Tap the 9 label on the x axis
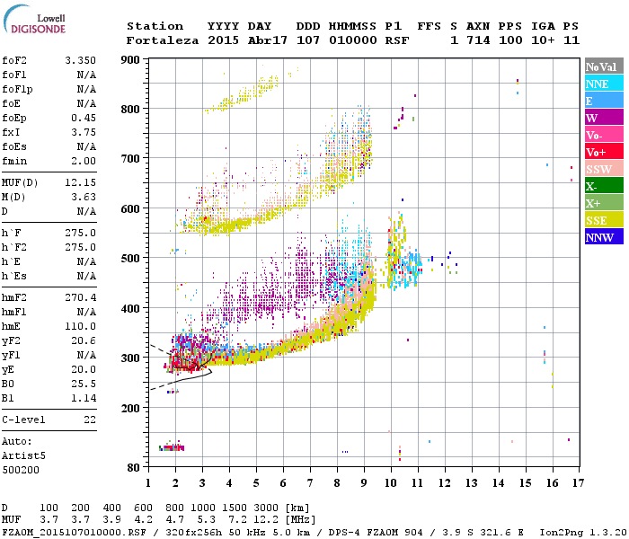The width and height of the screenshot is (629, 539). [x=364, y=483]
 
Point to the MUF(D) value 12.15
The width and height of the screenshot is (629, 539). [x=80, y=183]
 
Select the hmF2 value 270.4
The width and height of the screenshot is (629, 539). [x=80, y=322]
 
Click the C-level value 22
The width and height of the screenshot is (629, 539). [x=90, y=419]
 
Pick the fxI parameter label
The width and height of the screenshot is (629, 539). [x=13, y=131]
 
